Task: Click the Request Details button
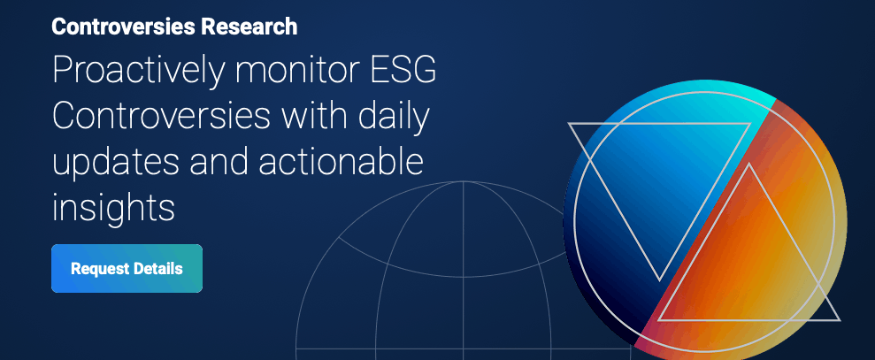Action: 127,268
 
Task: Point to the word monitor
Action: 305,72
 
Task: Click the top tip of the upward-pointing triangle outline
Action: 751,165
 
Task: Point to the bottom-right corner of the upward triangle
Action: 839,319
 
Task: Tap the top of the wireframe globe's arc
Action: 463,182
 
